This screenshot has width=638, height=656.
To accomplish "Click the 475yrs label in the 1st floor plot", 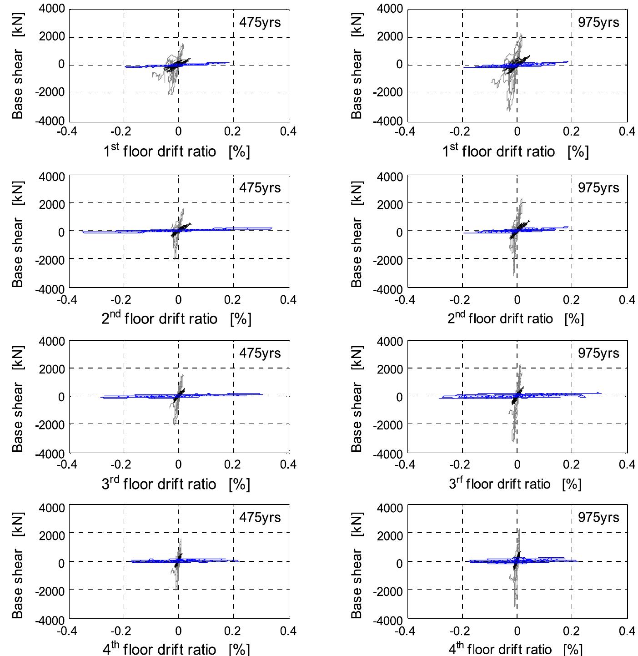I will (x=260, y=22).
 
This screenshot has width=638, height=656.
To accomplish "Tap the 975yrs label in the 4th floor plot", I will (x=598, y=517).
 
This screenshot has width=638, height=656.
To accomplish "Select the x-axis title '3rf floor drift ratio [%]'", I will (x=515, y=484).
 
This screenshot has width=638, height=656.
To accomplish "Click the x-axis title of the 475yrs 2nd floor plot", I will (x=176, y=318).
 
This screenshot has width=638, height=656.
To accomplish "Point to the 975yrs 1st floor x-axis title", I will (x=515, y=151).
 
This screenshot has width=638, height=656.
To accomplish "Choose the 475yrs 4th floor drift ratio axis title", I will (x=176, y=648).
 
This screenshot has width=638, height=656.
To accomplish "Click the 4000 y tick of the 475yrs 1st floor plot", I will (x=51, y=9).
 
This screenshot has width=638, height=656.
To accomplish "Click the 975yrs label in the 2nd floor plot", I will (x=598, y=187).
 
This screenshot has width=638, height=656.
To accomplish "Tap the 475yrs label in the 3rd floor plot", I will (x=260, y=353).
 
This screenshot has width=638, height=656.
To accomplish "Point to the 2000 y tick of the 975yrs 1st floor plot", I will (x=390, y=37).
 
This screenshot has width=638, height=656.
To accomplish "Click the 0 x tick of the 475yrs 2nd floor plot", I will (x=178, y=299).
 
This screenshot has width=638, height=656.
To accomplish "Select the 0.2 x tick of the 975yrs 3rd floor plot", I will (x=571, y=464).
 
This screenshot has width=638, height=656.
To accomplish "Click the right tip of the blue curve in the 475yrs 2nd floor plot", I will (x=271, y=228).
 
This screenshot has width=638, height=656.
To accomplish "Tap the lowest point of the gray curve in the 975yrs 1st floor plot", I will (x=508, y=110).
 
